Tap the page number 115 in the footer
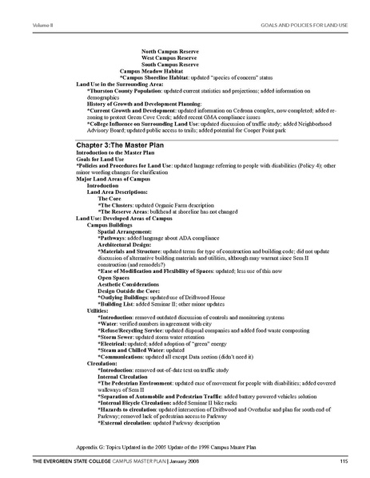[342, 462]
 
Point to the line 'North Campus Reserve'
[170, 51]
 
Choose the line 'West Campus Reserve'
[169, 57]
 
